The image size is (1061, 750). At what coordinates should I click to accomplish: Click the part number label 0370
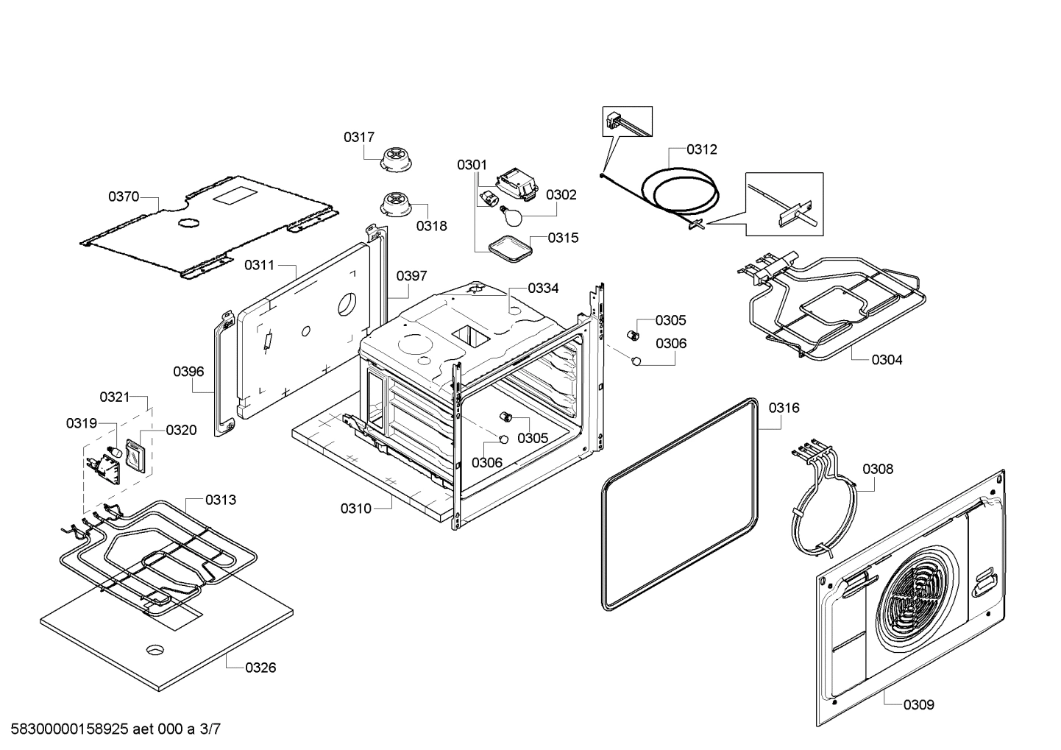(x=124, y=197)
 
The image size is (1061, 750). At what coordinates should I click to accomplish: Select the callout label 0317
(x=359, y=137)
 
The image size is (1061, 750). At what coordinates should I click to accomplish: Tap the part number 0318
(x=431, y=226)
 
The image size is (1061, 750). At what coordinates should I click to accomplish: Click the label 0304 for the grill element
(x=887, y=360)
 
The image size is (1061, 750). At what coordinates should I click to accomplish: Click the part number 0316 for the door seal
(x=784, y=408)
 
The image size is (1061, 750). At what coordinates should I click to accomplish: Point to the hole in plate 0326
(x=155, y=649)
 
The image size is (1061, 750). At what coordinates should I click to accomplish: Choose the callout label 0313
(x=221, y=500)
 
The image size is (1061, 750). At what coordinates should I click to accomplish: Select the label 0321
(x=114, y=397)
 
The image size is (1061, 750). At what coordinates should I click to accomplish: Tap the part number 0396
(x=188, y=372)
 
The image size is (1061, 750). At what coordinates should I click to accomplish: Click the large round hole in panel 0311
(x=346, y=305)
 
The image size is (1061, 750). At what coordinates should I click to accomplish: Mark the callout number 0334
(x=543, y=288)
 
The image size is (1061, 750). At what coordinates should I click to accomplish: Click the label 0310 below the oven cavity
(x=355, y=509)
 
